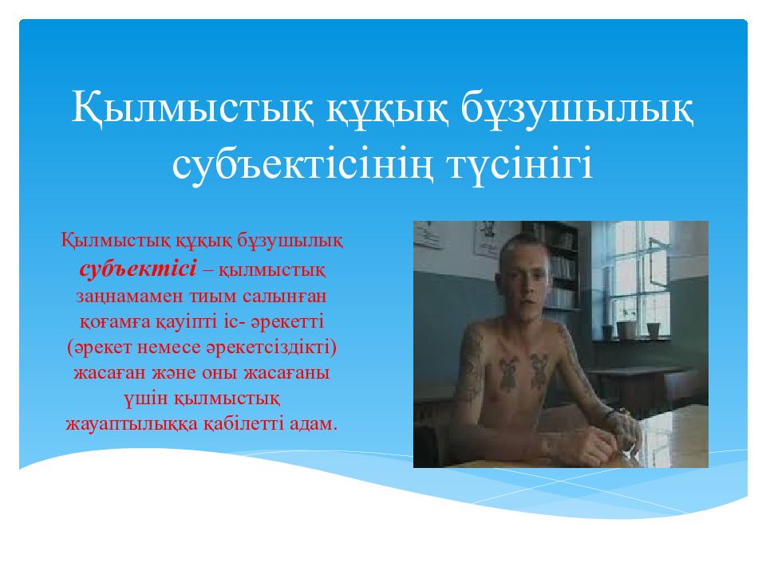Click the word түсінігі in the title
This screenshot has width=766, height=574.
pyautogui.click(x=519, y=164)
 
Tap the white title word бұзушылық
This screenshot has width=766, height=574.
pyautogui.click(x=577, y=108)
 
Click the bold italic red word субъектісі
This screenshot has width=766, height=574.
pyautogui.click(x=138, y=269)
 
